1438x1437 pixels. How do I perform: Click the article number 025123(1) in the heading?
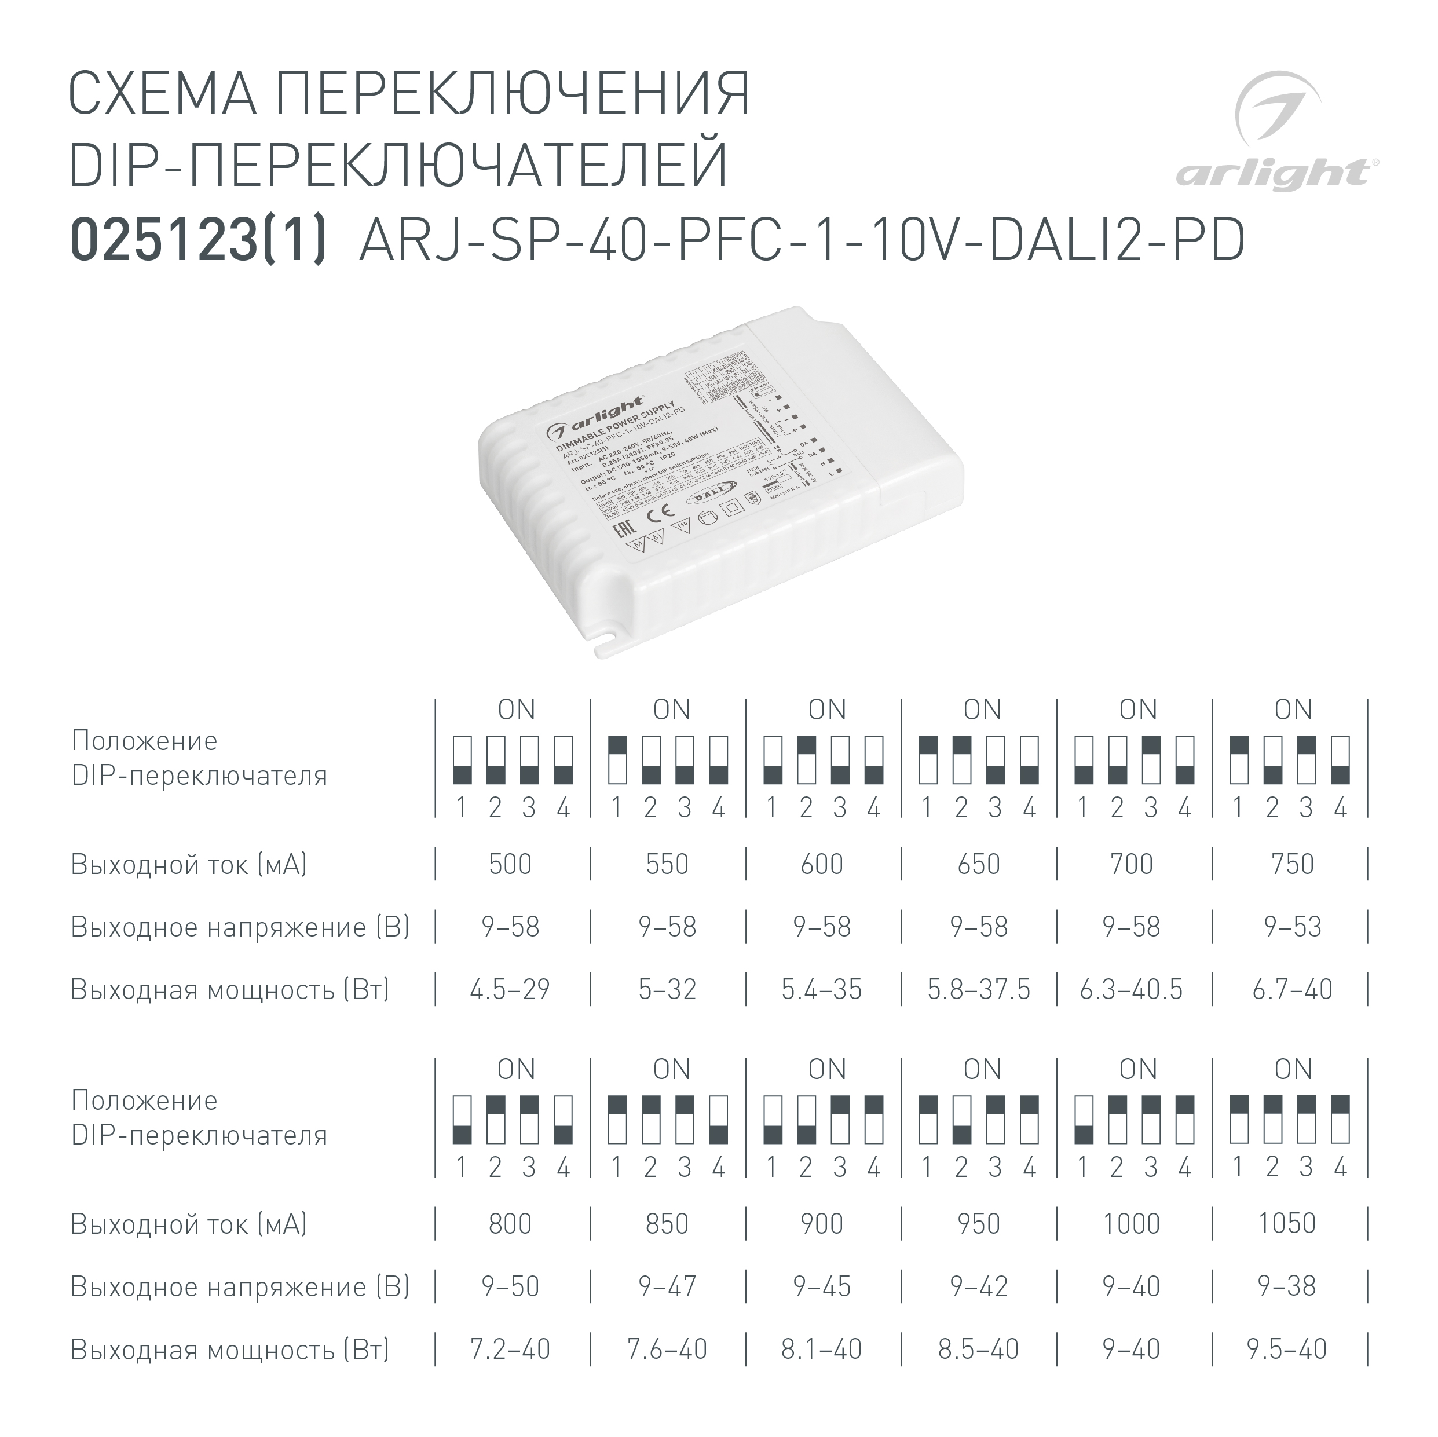click(x=198, y=240)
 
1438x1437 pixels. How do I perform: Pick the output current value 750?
click(x=1293, y=864)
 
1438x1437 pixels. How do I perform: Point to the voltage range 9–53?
click(x=1293, y=927)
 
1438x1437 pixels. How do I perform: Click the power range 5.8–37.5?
click(x=979, y=989)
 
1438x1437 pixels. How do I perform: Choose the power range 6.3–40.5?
click(x=1131, y=989)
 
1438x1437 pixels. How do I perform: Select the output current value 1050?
click(x=1287, y=1224)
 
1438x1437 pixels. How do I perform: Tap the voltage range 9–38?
click(x=1287, y=1286)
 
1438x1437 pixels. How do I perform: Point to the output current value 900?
click(x=822, y=1224)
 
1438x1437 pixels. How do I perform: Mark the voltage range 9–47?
click(x=667, y=1286)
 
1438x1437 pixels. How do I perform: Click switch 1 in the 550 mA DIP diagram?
click(x=617, y=759)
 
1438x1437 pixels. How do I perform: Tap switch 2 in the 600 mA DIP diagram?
click(x=807, y=759)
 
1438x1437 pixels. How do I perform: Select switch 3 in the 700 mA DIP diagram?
click(x=1151, y=759)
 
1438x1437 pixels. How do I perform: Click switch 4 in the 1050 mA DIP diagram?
click(x=1341, y=1119)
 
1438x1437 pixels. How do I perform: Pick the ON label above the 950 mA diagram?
click(x=982, y=1070)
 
